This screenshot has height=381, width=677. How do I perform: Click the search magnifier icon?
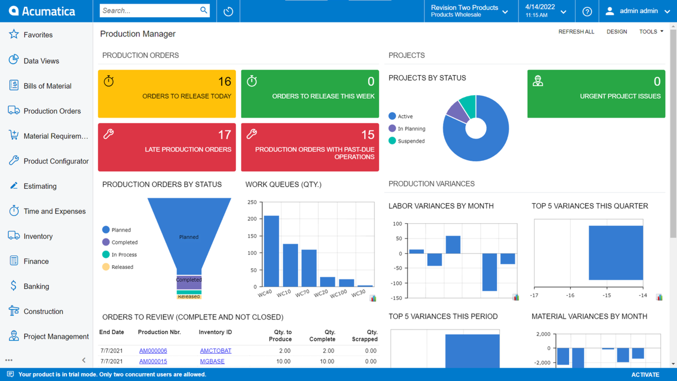click(x=204, y=10)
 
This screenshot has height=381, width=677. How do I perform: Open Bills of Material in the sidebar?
click(x=47, y=86)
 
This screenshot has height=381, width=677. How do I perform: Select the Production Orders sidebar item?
click(x=52, y=111)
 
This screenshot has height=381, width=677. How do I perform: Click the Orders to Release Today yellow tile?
click(x=167, y=94)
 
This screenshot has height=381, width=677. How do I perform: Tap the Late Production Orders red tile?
click(x=167, y=147)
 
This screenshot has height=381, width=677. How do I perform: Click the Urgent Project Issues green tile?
click(x=596, y=94)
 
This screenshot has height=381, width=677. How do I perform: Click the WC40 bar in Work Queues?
click(x=271, y=251)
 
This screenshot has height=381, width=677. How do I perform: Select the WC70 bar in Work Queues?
click(x=309, y=268)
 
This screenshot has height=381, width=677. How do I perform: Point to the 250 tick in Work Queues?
click(x=252, y=202)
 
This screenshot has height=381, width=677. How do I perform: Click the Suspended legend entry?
click(x=411, y=141)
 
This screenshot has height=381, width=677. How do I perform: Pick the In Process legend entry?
click(x=124, y=255)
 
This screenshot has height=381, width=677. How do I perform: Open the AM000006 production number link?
click(x=153, y=351)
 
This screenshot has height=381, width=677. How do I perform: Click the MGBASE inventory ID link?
click(x=212, y=361)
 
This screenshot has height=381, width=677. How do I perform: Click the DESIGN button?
click(x=617, y=32)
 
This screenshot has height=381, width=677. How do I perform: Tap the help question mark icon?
click(x=587, y=11)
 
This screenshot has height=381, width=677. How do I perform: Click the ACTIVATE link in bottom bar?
click(x=645, y=375)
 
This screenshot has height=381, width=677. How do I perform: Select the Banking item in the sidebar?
click(x=36, y=287)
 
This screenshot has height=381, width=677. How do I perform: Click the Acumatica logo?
click(x=42, y=11)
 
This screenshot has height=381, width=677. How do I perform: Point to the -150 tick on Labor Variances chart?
click(x=396, y=298)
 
